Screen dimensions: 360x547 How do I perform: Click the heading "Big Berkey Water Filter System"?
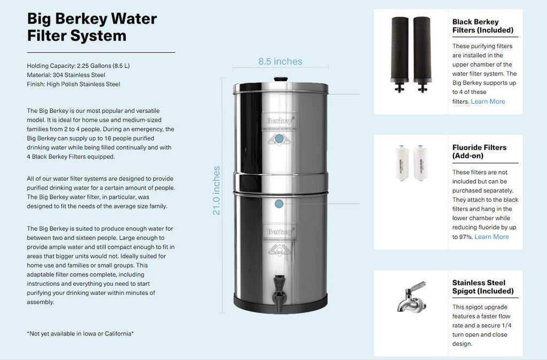click(92, 27)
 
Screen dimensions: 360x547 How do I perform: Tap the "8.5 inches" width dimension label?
click(280, 61)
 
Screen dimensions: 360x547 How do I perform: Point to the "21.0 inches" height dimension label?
click(216, 191)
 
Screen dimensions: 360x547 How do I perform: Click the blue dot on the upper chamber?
click(279, 138)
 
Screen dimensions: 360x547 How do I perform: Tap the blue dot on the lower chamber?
click(279, 204)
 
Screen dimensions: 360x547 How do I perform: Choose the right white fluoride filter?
click(420, 164)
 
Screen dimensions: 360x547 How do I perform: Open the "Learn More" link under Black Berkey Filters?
click(488, 101)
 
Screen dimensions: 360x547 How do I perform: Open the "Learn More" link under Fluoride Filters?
click(491, 237)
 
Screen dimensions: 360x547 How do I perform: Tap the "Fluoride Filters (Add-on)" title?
click(479, 151)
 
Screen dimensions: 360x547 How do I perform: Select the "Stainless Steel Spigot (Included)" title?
click(482, 287)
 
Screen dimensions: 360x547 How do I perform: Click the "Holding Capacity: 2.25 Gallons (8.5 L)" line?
click(79, 66)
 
